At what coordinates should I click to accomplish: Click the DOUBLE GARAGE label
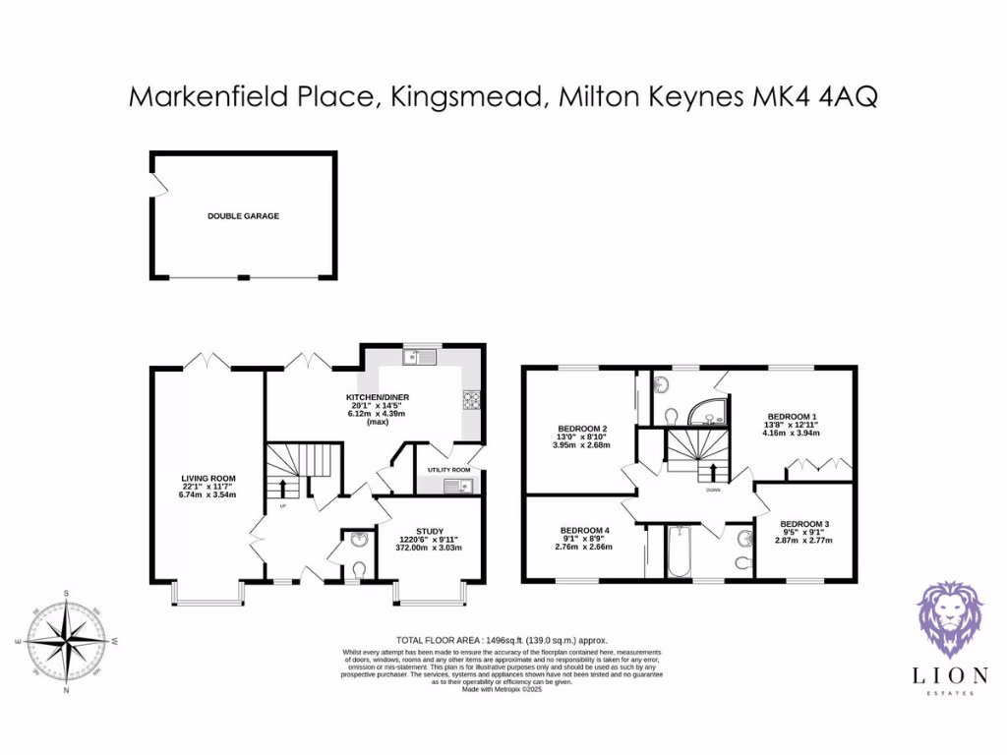pyautogui.click(x=243, y=215)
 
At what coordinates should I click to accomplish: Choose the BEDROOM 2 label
pyautogui.click(x=582, y=429)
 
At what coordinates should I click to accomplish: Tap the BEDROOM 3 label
pyautogui.click(x=804, y=524)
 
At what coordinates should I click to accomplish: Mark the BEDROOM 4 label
pyautogui.click(x=585, y=531)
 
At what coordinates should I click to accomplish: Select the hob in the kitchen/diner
pyautogui.click(x=470, y=399)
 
